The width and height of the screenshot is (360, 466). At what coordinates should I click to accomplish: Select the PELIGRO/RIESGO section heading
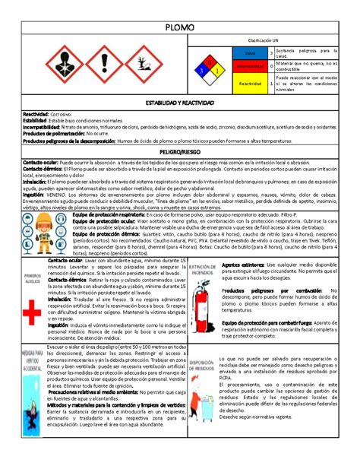click(180, 153)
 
